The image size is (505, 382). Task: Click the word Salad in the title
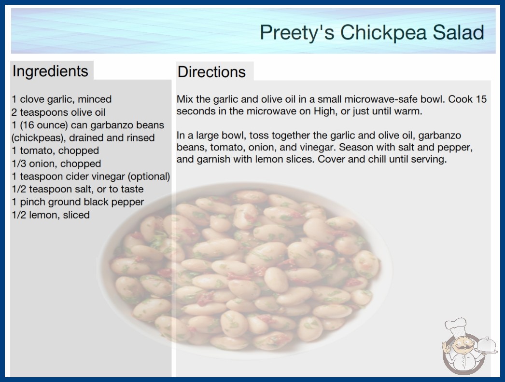tap(458, 32)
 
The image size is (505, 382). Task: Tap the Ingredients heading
tap(50, 71)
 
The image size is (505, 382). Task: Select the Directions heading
tap(211, 72)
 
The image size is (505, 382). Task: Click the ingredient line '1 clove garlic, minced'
tap(61, 99)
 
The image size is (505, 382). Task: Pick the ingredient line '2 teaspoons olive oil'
tap(58, 112)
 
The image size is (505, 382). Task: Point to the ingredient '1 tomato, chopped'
tap(56, 150)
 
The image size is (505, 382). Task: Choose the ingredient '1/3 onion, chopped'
tap(56, 164)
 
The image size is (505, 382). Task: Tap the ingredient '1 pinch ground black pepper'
tap(78, 202)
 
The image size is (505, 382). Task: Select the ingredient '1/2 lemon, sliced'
tap(51, 215)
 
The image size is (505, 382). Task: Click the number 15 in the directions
tap(481, 99)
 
